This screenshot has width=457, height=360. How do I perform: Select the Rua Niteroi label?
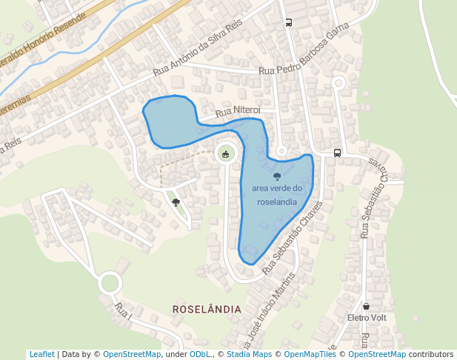coord(238,112)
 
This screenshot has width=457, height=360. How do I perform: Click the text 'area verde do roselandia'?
coord(277,195)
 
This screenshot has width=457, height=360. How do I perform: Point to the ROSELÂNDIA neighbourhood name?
coord(207,308)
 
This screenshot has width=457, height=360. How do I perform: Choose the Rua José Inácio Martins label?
coord(268,310)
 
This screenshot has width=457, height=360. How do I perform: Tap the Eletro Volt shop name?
coord(367,318)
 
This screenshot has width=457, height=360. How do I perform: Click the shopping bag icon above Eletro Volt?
coord(367,306)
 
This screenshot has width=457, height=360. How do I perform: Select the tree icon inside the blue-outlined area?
coord(277,176)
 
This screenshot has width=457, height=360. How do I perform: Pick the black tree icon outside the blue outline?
coord(176,201)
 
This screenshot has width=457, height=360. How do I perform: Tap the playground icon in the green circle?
coord(225,154)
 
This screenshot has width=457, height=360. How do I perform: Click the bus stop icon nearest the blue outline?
coord(337,153)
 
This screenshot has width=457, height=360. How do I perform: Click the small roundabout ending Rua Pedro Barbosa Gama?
coord(338,83)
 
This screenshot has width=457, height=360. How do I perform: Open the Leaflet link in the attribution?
coord(41,354)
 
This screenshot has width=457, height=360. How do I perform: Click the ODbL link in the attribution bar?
coord(199,354)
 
